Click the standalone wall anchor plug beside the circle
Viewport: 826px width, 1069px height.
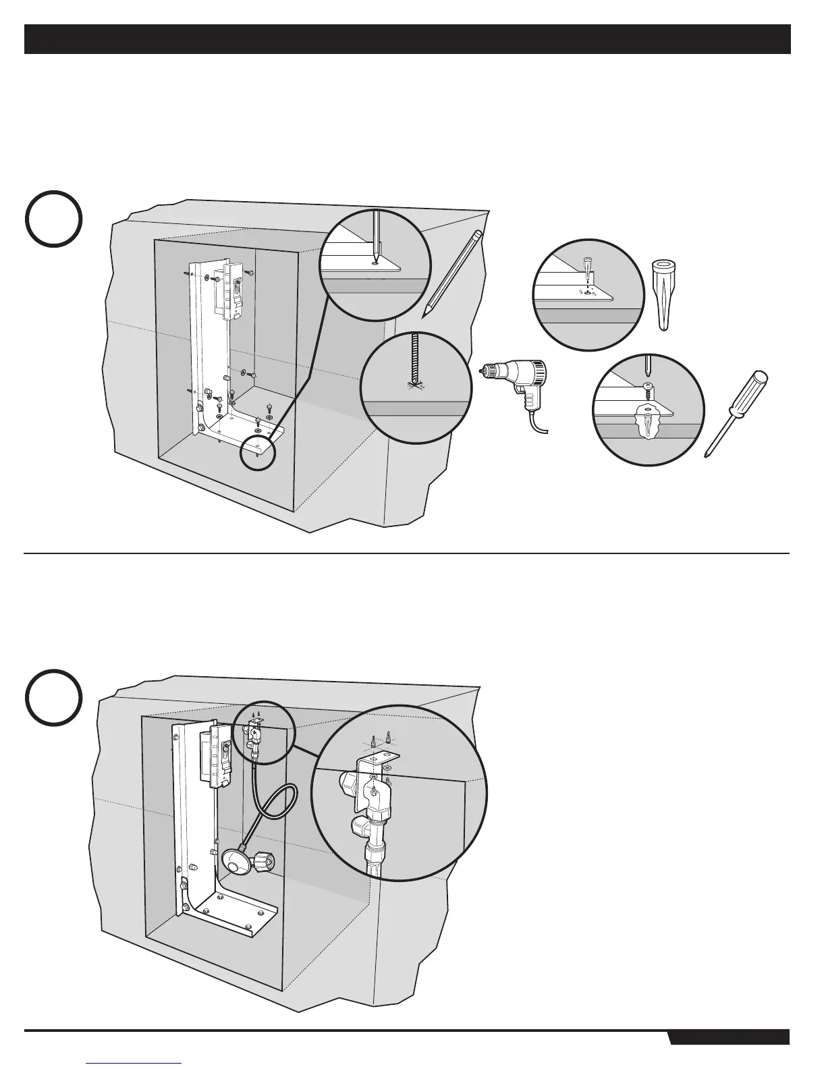coord(664,294)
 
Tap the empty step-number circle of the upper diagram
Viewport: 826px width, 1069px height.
coord(55,219)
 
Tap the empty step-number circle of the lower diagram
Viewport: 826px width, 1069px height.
coord(55,697)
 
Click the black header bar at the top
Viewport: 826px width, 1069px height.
coord(408,39)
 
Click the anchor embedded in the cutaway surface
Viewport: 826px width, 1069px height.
coord(648,425)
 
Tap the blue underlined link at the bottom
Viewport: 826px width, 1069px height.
coord(134,1062)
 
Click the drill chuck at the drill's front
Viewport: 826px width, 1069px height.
coord(487,370)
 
